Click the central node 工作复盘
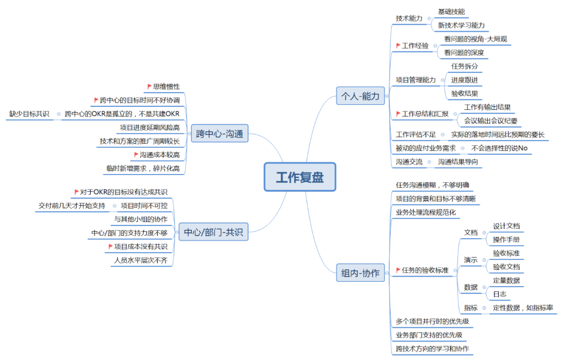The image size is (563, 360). point(300,177)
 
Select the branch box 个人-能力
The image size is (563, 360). point(360,96)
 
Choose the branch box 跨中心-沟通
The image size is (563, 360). point(219,134)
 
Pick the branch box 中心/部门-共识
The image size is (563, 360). point(214,232)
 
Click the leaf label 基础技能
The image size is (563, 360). point(451,11)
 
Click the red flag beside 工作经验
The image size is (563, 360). point(399,45)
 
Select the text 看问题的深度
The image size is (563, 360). point(464,53)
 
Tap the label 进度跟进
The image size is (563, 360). point(464,80)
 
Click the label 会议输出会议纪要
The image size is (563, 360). point(491,121)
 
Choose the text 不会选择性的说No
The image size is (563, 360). point(499,148)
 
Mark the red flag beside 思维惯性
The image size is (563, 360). point(149,86)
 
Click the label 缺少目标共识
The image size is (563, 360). point(29,114)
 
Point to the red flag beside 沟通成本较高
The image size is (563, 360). point(136,155)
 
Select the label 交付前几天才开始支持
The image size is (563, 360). point(72,205)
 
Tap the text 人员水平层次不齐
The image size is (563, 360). point(141,260)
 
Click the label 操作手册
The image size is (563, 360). point(506,240)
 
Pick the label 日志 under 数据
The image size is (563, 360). point(499,294)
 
